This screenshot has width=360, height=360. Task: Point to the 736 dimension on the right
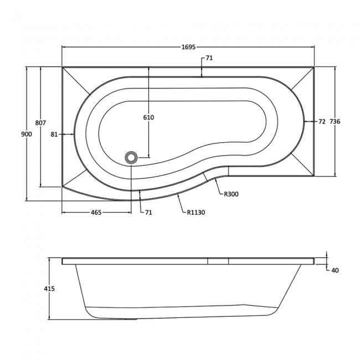pos(334,121)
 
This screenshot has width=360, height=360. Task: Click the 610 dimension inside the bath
pos(148,117)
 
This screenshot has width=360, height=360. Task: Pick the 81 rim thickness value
pos(54,134)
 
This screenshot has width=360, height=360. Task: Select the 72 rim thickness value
pos(322,121)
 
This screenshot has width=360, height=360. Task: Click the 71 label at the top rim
pos(209,58)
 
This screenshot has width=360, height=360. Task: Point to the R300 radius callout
pos(232,194)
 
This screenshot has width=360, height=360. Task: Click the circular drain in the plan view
pos(132,158)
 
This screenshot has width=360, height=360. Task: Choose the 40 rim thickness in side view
pos(335,271)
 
